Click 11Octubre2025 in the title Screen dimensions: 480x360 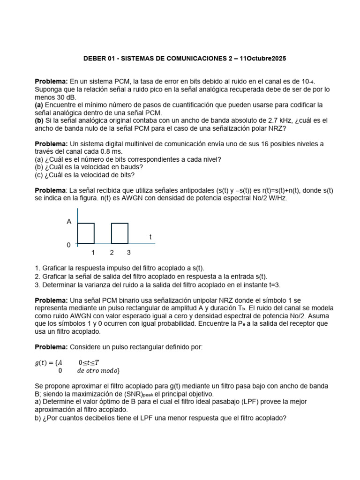coord(262,59)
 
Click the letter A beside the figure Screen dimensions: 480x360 coord(69,222)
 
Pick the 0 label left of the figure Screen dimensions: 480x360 coord(69,245)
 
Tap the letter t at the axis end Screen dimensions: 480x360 coord(150,237)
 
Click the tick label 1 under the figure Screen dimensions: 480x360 coord(93,253)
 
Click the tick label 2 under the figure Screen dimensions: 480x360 coord(112,253)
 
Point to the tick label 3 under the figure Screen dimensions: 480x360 coord(128,253)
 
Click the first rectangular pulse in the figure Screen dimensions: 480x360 coord(86,233)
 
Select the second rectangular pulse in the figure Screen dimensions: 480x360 coord(120,233)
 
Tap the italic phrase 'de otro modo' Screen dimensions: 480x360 coord(98,371)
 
